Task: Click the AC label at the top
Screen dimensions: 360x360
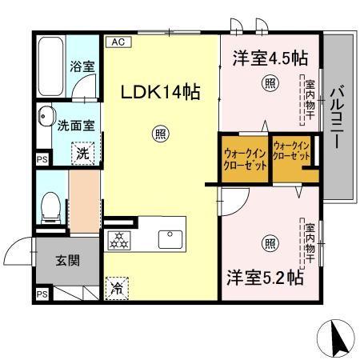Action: [117, 41]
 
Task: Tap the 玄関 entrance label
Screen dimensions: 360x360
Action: [66, 261]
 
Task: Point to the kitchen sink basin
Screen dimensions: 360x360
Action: [171, 238]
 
